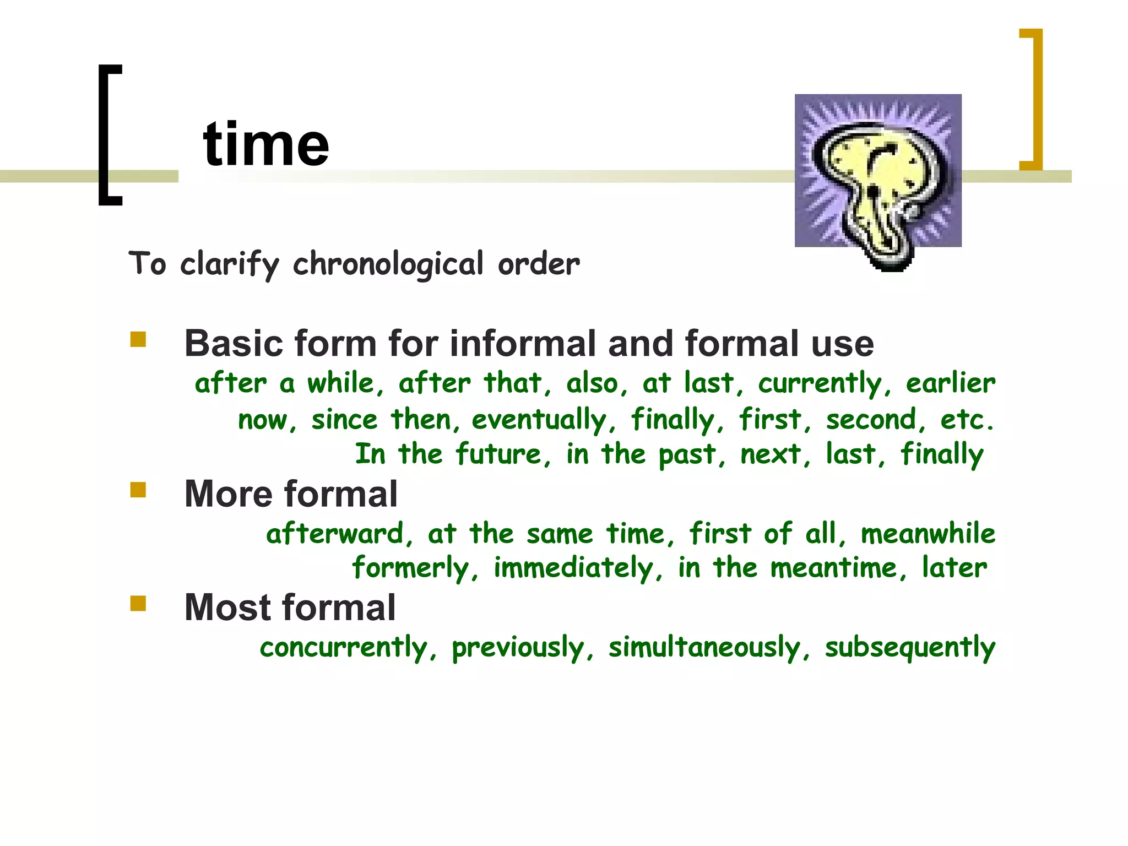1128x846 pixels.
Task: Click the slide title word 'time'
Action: [x=266, y=144]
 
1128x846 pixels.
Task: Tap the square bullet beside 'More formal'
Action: [x=138, y=490]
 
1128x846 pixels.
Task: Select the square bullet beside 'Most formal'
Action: [x=138, y=604]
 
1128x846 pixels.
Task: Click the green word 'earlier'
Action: [x=951, y=383]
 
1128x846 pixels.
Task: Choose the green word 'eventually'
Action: [x=539, y=420]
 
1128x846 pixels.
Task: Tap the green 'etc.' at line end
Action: [x=967, y=420]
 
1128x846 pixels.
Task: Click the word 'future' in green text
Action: [x=498, y=455]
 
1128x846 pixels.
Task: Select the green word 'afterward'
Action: [x=335, y=534]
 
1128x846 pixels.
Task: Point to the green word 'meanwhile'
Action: [x=928, y=534]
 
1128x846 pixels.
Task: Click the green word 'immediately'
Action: [x=574, y=568]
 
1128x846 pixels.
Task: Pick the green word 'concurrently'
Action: [x=344, y=647]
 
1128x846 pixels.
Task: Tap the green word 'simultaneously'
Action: [x=704, y=647]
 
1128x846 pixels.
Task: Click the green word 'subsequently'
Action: [x=910, y=648]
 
